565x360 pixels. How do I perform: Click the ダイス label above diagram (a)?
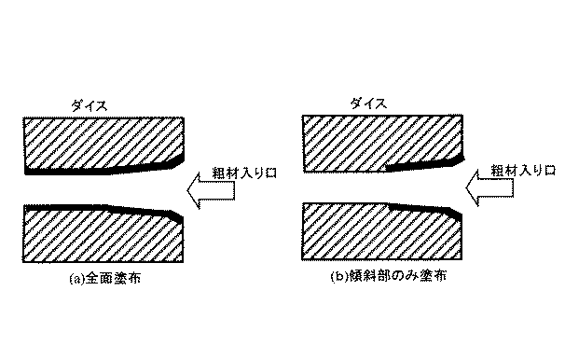pyautogui.click(x=90, y=105)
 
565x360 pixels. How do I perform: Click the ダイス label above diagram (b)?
pyautogui.click(x=368, y=103)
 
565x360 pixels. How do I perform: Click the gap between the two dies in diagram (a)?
pyautogui.click(x=103, y=188)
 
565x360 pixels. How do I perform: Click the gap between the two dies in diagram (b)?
pyautogui.click(x=382, y=187)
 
